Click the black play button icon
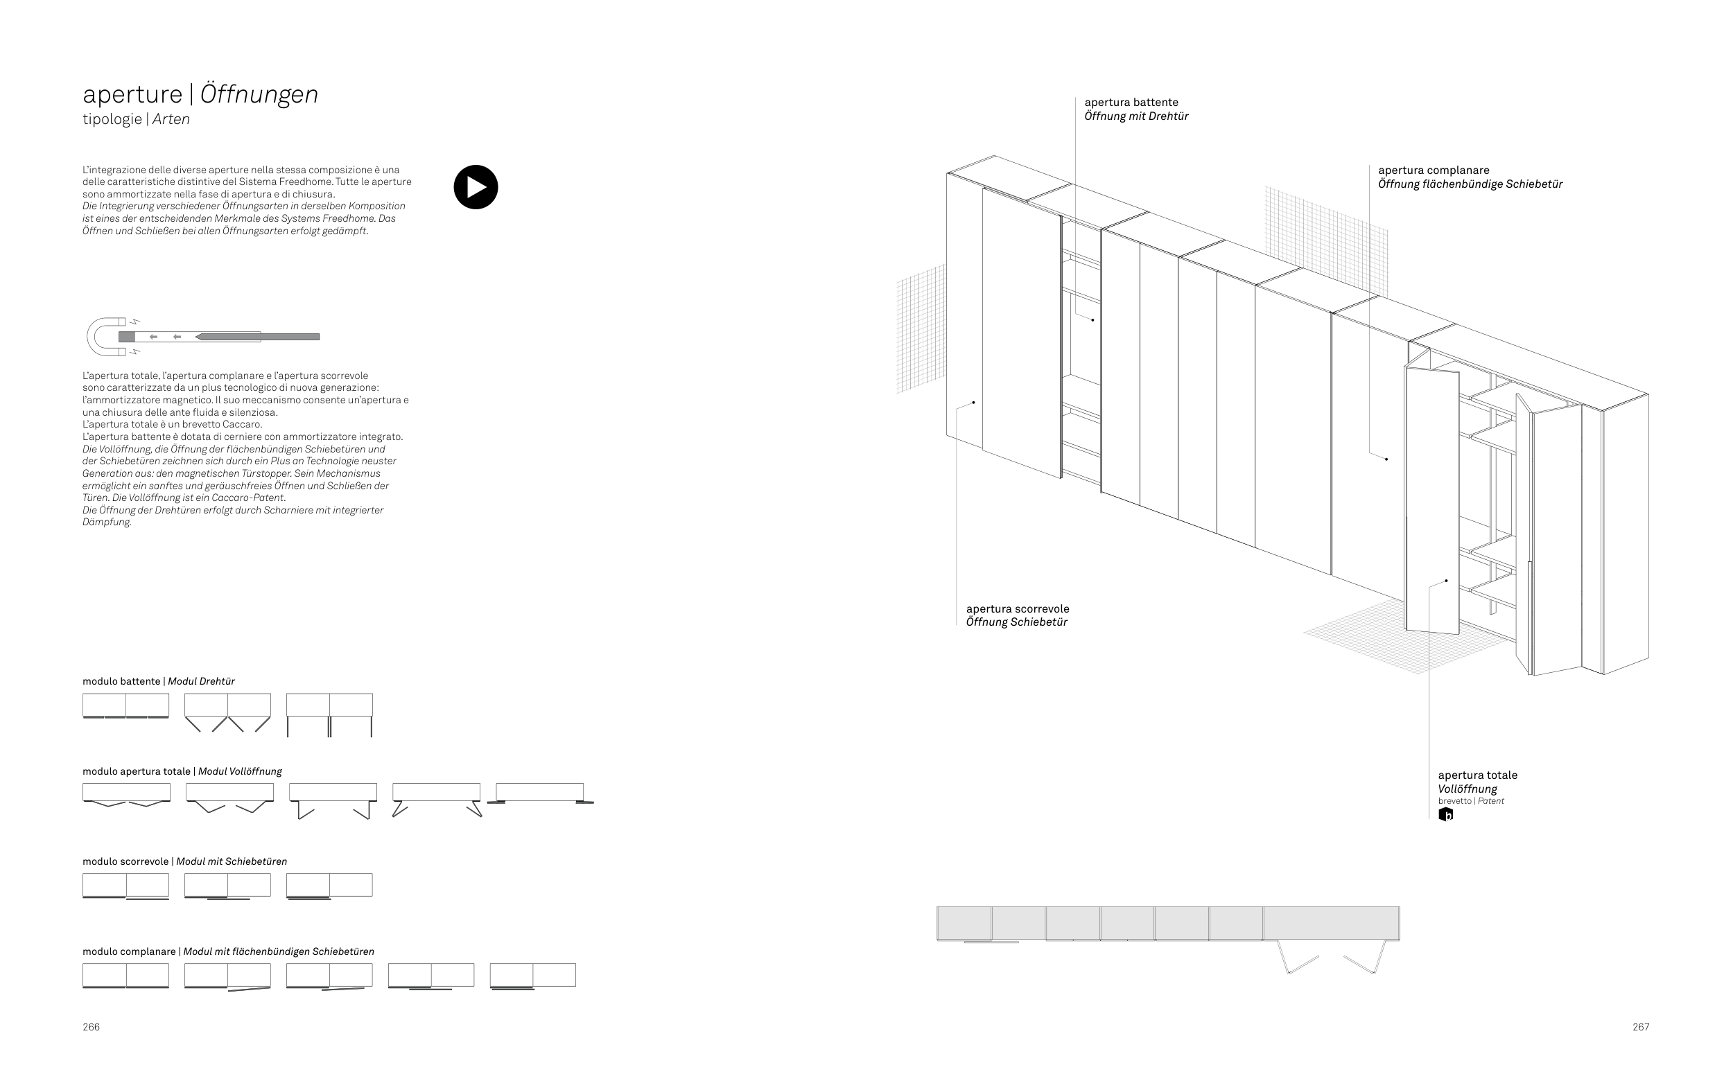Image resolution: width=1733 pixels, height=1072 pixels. [x=476, y=187]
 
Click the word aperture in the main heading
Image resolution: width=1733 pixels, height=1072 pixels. [x=132, y=94]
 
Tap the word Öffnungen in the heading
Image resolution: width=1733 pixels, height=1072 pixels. [x=259, y=94]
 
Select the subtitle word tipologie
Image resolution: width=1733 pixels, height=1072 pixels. [x=112, y=119]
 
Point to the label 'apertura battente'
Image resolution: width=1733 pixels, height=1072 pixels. [x=1131, y=103]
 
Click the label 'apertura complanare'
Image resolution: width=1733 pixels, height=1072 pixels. [x=1433, y=170]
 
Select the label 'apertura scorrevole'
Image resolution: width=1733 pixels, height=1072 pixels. [x=1018, y=608]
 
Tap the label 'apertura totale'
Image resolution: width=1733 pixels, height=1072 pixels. [x=1477, y=775]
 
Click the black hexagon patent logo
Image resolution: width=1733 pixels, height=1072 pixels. [x=1445, y=815]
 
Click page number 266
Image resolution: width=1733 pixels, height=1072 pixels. [x=91, y=1027]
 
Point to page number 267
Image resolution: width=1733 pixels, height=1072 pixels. [x=1641, y=1027]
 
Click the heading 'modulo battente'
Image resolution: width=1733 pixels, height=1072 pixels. [x=121, y=681]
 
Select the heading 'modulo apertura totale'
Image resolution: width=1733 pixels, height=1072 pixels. [x=136, y=771]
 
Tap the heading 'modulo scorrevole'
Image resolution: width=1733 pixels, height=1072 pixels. [x=125, y=861]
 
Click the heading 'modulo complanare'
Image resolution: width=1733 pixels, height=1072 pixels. [x=129, y=951]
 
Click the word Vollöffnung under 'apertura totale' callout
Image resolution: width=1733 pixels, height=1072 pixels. [x=1467, y=789]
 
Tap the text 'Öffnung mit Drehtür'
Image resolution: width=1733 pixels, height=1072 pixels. [x=1136, y=116]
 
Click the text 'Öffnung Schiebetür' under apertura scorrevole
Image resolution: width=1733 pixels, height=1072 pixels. [x=1016, y=622]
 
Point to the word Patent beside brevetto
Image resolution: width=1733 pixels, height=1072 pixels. [x=1490, y=801]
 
